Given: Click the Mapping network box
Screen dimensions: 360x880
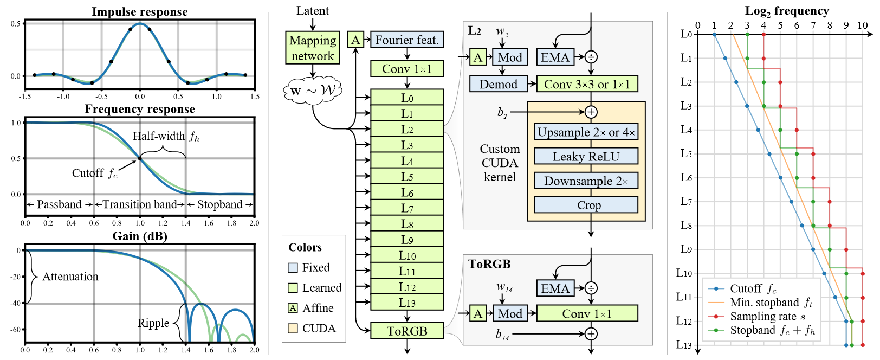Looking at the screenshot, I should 313,48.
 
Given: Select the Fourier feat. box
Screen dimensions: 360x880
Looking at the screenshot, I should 407,40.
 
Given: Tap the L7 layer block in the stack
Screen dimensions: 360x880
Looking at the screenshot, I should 407,208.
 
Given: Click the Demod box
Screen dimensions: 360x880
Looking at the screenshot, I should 499,84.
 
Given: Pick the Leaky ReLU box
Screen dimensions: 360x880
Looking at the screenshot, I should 586,156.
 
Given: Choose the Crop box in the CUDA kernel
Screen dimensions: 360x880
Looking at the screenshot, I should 586,205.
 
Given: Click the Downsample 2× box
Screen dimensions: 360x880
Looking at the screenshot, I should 586,181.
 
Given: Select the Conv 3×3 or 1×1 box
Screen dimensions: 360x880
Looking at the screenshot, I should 587,84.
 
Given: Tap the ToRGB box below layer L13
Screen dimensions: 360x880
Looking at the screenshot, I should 407,331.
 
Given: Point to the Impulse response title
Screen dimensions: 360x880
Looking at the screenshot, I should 140,11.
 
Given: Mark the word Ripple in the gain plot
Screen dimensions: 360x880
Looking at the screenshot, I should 153,323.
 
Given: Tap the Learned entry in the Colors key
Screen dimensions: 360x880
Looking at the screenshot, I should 321,288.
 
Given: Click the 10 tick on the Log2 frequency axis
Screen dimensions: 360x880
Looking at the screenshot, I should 863,25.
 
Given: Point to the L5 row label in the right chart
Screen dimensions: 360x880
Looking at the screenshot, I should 686,153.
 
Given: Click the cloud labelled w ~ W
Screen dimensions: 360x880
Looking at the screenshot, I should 313,91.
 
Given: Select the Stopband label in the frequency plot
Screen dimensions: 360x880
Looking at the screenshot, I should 219,204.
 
